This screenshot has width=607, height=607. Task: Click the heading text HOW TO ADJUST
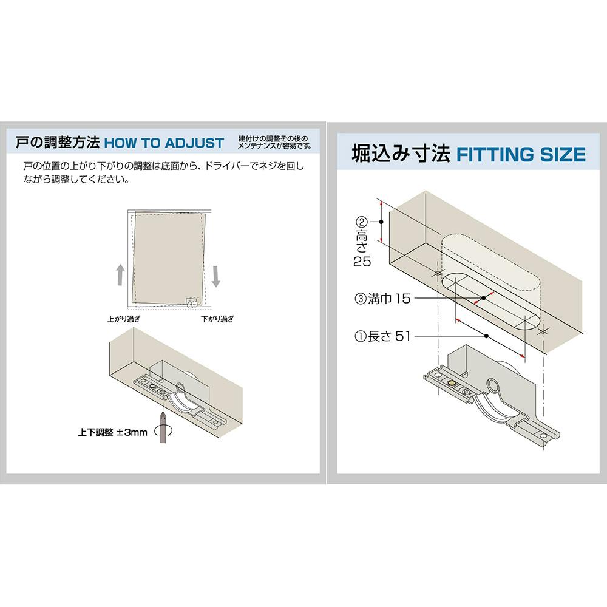pos(164,143)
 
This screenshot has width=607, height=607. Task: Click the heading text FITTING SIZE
pos(521,154)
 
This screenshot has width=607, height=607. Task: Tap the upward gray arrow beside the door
pos(120,274)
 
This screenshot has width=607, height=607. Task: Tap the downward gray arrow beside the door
pos(216,276)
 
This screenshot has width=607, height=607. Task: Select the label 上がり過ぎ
pos(124,319)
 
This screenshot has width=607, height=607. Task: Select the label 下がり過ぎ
pos(217,319)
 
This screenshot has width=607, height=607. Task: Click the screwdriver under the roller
pos(163,427)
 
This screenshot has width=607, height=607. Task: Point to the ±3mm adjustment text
pos(132,432)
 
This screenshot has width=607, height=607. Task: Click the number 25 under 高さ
pos(362,262)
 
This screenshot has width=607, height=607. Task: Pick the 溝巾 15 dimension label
pos(382,299)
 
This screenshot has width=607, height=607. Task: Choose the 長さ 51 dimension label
pos(382,336)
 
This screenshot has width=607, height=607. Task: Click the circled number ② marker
pos(361,222)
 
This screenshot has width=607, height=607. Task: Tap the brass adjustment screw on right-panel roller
pos(451,384)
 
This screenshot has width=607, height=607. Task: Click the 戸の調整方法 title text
pos(58,143)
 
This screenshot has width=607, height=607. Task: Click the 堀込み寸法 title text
pos(401,154)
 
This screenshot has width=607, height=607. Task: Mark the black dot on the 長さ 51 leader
pos(486,336)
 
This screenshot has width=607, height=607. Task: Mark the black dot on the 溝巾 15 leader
pos(484,298)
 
